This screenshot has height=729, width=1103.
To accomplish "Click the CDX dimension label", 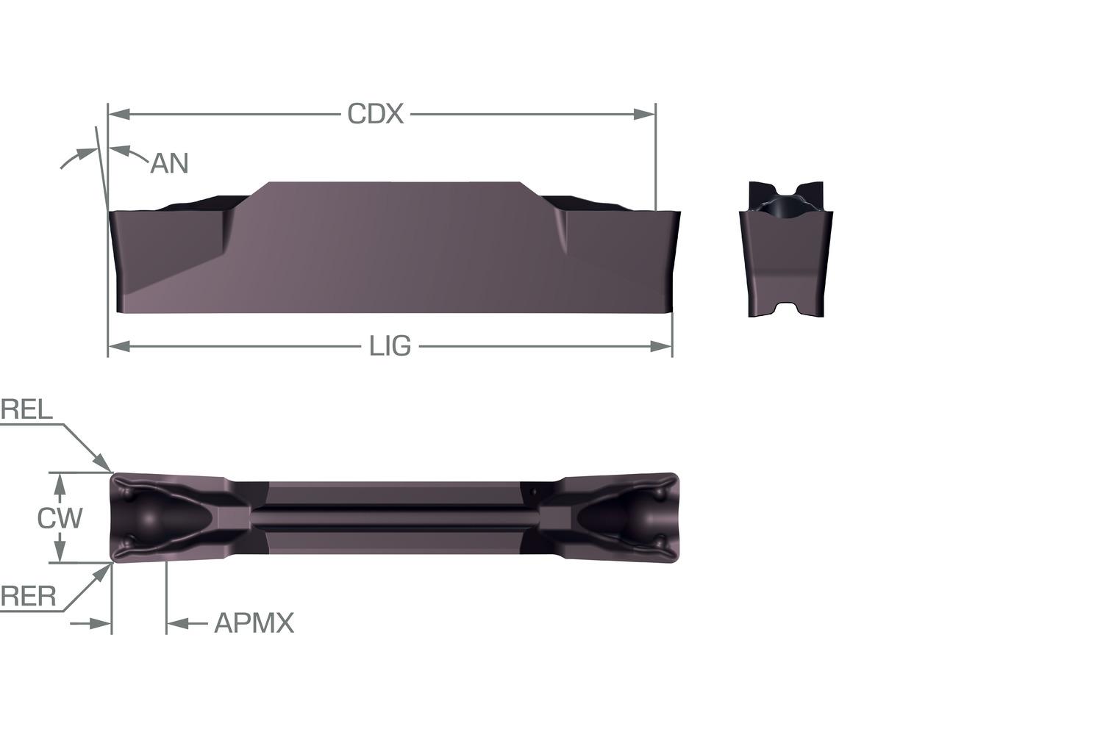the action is [x=375, y=114].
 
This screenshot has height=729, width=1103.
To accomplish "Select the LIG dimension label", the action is [x=390, y=346].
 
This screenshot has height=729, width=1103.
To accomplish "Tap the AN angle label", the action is [x=169, y=163].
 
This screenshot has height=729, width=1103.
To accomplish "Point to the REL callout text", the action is [x=26, y=409].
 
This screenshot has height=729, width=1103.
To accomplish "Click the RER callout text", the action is [x=29, y=597].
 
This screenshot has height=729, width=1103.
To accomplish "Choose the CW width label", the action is [x=60, y=518].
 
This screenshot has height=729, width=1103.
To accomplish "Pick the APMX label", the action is [x=254, y=623].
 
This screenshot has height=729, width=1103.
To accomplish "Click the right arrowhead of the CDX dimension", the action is [x=644, y=114].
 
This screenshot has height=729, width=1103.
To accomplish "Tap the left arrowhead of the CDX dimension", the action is [x=119, y=114].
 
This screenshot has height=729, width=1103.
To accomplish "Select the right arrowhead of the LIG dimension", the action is [x=661, y=347].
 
